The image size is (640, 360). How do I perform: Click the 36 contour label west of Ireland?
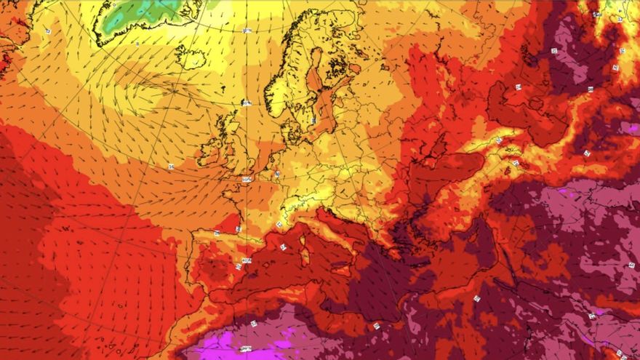(x=171, y=167)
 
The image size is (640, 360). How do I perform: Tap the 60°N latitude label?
(x=247, y=103)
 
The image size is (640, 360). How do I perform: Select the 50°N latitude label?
(x=247, y=179)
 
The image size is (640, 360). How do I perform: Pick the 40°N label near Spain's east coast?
(x=247, y=260)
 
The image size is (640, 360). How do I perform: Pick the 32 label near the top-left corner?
(x=48, y=31)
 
